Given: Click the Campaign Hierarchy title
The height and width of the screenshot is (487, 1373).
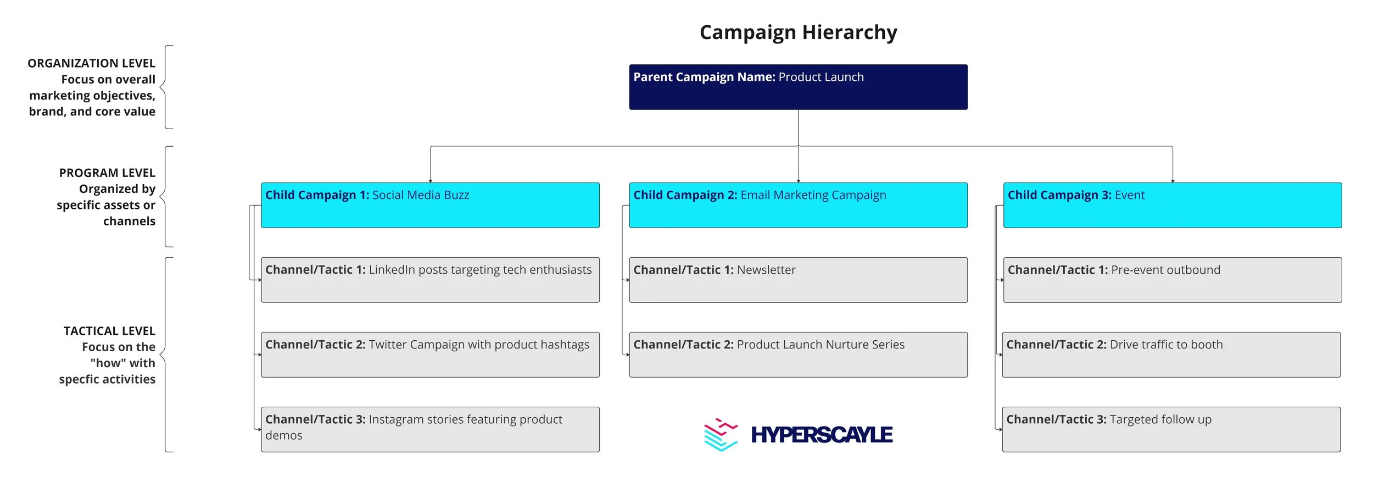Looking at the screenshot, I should (x=798, y=32).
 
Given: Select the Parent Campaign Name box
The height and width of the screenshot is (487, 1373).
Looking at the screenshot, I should (x=798, y=87).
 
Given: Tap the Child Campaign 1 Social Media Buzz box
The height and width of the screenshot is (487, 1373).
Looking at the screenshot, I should (x=430, y=205).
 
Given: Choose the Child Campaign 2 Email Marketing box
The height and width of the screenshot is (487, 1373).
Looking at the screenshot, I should (x=798, y=205).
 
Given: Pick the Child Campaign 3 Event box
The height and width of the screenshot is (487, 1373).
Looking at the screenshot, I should (x=1172, y=205).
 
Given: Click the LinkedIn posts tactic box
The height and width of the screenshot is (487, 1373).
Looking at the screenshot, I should (x=430, y=280).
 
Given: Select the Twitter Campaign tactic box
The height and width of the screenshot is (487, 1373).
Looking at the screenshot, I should (x=430, y=355).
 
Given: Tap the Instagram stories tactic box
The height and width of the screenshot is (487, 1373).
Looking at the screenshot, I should (x=430, y=429).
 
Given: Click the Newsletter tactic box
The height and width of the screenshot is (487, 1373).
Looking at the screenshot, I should (x=798, y=280).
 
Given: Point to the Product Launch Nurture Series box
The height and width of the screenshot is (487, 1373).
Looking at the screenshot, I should (x=798, y=355).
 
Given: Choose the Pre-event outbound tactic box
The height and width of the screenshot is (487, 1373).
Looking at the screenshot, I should (x=1172, y=280).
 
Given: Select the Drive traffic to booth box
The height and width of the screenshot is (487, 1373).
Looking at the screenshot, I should (x=1171, y=355).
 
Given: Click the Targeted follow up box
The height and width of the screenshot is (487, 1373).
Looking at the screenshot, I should (x=1171, y=429).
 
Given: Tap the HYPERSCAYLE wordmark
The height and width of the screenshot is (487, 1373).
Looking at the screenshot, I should (x=822, y=435).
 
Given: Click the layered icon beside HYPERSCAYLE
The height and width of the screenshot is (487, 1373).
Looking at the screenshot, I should (x=721, y=434).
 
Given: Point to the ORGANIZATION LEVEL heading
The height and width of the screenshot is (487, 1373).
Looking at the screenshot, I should (x=92, y=63).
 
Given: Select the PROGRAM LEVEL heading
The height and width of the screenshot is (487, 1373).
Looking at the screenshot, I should (x=107, y=173).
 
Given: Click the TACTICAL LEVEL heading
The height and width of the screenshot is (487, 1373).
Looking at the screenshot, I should (x=109, y=331).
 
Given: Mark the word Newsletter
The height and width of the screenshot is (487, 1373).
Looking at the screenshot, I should (x=766, y=270).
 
